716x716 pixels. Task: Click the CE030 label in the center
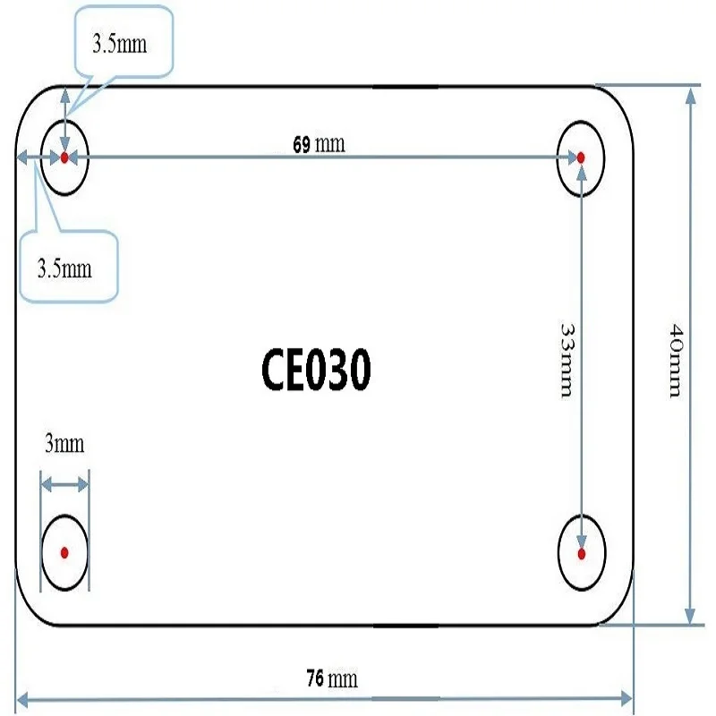point(316,369)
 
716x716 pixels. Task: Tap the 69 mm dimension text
point(319,144)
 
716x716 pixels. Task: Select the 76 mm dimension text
point(332,678)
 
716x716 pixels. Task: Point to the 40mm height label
point(676,361)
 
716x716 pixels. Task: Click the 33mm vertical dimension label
point(567,361)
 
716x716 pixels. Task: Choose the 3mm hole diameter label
point(64,443)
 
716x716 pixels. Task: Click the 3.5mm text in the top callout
point(120,44)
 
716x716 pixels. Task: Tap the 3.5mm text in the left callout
point(64,268)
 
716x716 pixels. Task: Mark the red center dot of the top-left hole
point(64,158)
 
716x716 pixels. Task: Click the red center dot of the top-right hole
point(581,158)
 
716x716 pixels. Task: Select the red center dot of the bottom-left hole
point(64,553)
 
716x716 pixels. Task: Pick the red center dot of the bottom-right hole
point(581,554)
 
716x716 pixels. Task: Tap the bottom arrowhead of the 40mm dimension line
point(690,615)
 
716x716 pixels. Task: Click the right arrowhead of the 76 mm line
point(626,698)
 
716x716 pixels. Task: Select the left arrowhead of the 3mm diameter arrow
point(47,484)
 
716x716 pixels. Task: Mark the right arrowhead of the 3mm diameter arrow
point(83,484)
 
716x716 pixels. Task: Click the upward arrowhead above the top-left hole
point(65,95)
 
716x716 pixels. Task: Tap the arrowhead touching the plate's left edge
point(21,158)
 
